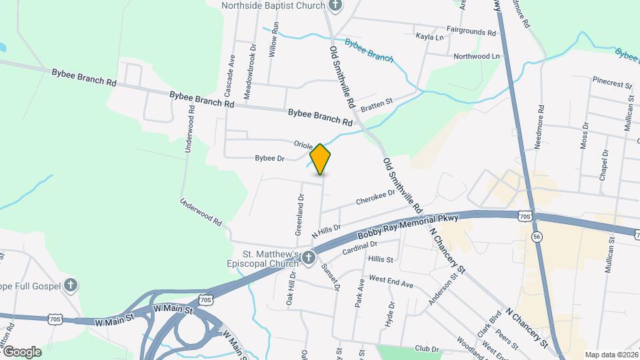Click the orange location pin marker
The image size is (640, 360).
pos(320,159)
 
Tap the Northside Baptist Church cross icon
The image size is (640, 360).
pos(335,6)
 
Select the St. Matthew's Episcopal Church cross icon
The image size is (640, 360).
pos(308,257)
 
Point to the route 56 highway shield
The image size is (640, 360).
pos(536,237)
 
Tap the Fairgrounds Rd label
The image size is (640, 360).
pos(471,31)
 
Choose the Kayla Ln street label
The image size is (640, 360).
pos(429,37)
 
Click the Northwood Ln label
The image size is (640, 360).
pos(476,57)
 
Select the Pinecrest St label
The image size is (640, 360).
pos(611,85)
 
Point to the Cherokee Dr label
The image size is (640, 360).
pos(371,199)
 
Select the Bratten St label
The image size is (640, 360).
pos(377,103)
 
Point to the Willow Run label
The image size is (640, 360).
pos(272,42)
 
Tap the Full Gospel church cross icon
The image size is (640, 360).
pos(71,286)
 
